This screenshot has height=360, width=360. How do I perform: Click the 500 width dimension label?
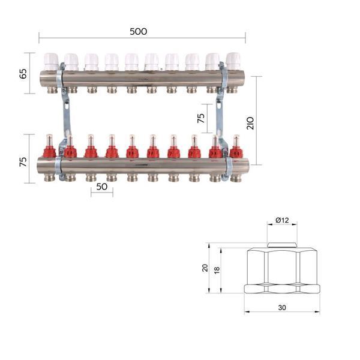(x=138, y=31)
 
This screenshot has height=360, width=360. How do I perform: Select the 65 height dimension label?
(x=23, y=73)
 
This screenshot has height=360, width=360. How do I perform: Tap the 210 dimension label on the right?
(x=250, y=123)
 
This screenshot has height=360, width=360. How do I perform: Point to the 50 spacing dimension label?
(x=102, y=187)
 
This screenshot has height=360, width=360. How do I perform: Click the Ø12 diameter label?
(x=282, y=220)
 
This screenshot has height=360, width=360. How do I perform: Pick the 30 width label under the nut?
(x=282, y=307)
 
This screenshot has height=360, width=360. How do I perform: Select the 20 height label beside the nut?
(x=205, y=268)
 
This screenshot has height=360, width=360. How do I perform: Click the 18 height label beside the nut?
(x=217, y=270)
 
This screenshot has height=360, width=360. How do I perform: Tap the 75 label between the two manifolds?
(x=201, y=118)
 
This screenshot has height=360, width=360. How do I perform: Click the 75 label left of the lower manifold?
(x=23, y=162)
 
